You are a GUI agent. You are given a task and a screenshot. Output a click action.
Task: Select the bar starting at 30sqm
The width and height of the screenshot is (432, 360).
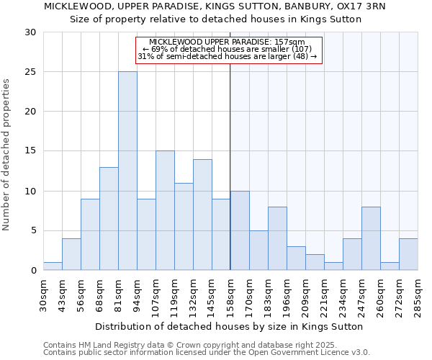tap(53, 266)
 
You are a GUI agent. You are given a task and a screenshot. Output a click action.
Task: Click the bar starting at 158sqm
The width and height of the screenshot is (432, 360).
tap(240, 230)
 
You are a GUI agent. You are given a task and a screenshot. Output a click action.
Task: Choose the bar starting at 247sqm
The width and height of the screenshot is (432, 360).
tap(371, 238)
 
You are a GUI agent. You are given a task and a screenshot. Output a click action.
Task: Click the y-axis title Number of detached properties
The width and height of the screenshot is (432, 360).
tap(6, 155)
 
